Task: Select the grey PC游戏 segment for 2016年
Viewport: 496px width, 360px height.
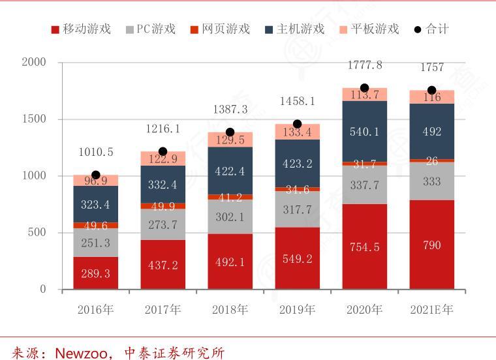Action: pyautogui.click(x=95, y=242)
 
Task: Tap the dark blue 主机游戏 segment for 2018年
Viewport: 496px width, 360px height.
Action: pyautogui.click(x=230, y=171)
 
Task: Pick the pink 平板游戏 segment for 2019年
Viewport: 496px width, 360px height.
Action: pyautogui.click(x=297, y=132)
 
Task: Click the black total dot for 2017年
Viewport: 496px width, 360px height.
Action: pyautogui.click(x=163, y=151)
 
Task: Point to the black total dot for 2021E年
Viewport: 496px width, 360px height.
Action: pyautogui.click(x=431, y=91)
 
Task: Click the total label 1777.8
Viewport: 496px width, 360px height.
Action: pyautogui.click(x=365, y=65)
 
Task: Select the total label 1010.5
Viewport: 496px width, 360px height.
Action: pyautogui.click(x=96, y=152)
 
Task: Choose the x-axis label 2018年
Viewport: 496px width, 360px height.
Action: pyautogui.click(x=230, y=310)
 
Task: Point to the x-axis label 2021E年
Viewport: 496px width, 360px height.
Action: pyautogui.click(x=431, y=310)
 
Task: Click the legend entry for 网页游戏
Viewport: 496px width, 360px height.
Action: pyautogui.click(x=220, y=29)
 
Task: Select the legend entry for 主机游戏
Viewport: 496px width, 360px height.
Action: pyautogui.click(x=294, y=29)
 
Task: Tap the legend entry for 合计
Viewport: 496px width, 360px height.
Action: pyautogui.click(x=431, y=29)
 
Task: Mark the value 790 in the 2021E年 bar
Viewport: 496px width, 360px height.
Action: pyautogui.click(x=431, y=246)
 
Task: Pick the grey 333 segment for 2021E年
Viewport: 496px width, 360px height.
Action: pyautogui.click(x=431, y=181)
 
